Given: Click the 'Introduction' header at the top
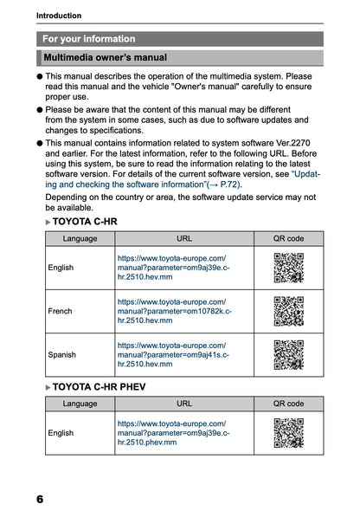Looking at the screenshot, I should (59, 15).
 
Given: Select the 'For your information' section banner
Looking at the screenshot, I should (89, 39).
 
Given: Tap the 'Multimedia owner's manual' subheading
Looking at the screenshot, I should (105, 58).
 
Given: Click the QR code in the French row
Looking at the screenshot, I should (288, 311).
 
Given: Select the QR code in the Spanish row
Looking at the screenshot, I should (288, 354).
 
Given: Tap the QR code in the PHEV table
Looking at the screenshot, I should (288, 432).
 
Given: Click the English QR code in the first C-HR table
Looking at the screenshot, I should (288, 268).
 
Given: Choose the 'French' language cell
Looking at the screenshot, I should (61, 311).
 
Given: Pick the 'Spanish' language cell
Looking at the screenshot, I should (62, 354).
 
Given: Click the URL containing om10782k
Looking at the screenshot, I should (173, 311).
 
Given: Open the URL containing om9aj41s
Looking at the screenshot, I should (173, 354).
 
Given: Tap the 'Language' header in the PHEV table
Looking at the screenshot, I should (80, 404).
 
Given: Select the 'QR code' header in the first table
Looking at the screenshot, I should (288, 237).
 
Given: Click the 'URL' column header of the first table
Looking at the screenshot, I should (184, 237).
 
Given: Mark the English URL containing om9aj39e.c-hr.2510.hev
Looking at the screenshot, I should (173, 268).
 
